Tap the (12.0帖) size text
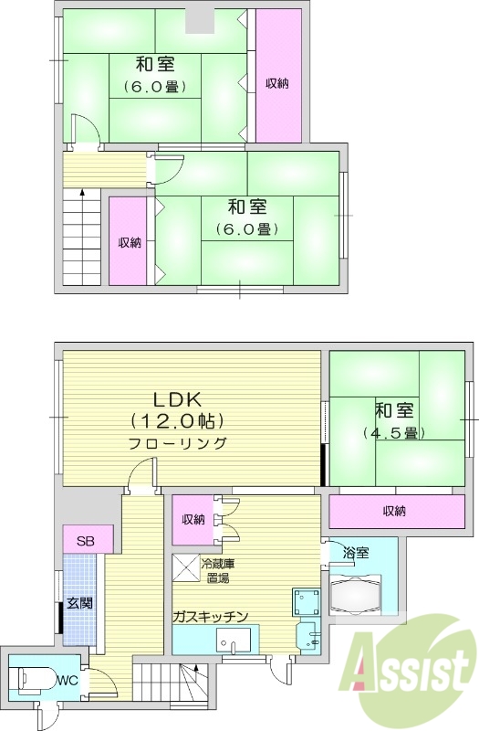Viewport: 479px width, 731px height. tap(177, 421)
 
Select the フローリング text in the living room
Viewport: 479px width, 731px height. tap(177, 443)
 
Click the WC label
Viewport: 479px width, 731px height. tap(68, 681)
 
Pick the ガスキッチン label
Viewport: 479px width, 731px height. tap(210, 616)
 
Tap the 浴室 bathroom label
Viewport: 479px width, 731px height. tap(355, 553)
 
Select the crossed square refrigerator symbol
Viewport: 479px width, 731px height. tap(188, 567)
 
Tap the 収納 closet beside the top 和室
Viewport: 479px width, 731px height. tap(277, 83)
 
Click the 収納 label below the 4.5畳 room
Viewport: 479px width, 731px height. tap(393, 510)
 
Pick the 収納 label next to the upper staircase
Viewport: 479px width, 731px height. tap(129, 242)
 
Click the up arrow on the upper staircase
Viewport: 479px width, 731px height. tap(82, 194)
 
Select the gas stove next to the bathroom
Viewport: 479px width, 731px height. tap(305, 603)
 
